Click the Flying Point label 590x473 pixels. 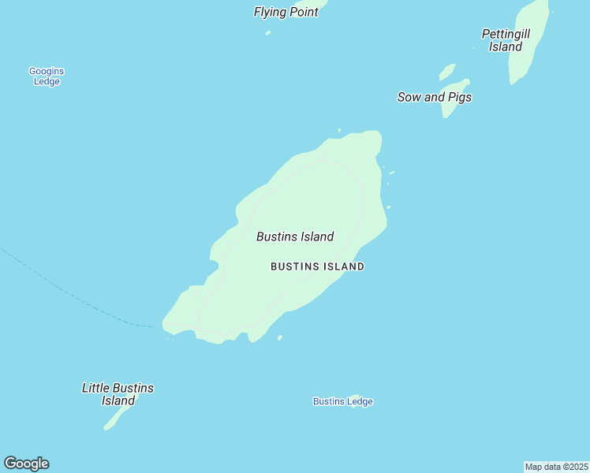coord(286,12)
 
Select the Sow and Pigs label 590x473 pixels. coord(434,97)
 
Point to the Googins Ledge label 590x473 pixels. coord(46,76)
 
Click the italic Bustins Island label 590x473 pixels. coord(295,236)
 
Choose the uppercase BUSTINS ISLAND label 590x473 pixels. coord(317,266)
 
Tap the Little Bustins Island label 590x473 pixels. coord(118,394)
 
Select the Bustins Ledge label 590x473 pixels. coord(342,402)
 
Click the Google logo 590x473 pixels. coord(26,464)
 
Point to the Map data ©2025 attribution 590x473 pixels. coord(557,467)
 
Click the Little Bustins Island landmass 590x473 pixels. coord(112,421)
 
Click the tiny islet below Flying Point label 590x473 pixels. coord(268,33)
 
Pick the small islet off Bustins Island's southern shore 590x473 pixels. coord(280,338)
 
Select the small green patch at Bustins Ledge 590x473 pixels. coord(355,397)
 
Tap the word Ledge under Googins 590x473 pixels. coord(47,81)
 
